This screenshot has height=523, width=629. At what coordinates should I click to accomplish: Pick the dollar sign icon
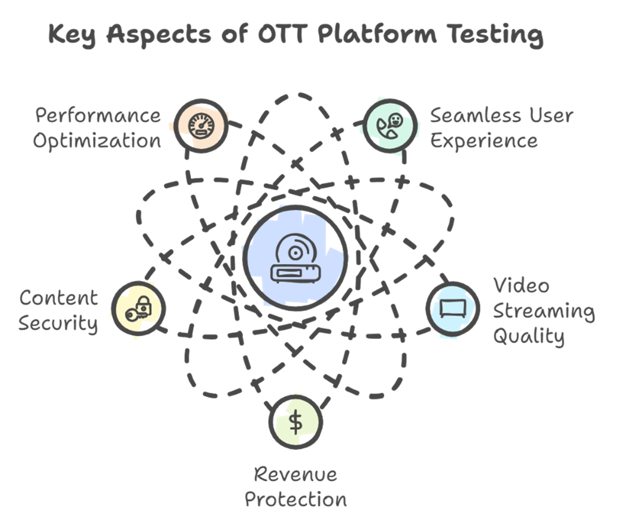(296, 422)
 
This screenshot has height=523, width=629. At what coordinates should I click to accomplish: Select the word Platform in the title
(378, 35)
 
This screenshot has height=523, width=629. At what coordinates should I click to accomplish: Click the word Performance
(98, 116)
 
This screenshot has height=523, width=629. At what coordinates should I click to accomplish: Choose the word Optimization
(98, 141)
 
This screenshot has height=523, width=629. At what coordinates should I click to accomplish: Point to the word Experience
(484, 141)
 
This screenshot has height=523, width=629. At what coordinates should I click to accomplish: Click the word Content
(58, 298)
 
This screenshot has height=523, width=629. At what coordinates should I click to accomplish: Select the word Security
(58, 323)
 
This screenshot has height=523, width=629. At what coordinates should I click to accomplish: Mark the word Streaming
(544, 311)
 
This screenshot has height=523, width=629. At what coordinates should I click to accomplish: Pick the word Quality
(528, 336)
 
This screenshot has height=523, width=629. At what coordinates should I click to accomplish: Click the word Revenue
(295, 474)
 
